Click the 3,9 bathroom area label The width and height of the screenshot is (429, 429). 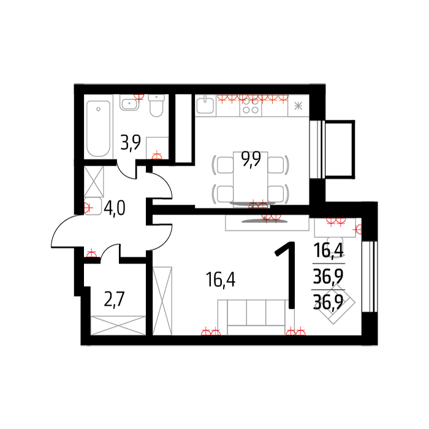click(x=131, y=143)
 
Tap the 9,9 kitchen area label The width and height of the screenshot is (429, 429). click(x=251, y=159)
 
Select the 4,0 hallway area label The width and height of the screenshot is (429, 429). click(x=115, y=208)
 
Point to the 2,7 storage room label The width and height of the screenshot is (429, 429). click(x=115, y=299)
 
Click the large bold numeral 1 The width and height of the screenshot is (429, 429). click(x=287, y=275)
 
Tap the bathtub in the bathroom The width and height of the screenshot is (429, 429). click(x=98, y=129)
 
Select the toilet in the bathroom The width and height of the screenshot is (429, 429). click(x=156, y=105)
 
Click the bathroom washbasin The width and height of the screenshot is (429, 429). click(x=129, y=102)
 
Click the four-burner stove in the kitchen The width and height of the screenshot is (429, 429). click(x=251, y=106)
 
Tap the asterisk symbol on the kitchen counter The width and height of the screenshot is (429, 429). click(x=298, y=106)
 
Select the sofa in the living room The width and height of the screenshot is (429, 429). click(x=256, y=317)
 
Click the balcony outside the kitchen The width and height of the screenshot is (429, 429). click(x=340, y=150)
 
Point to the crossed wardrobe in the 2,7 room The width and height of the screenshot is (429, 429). click(x=118, y=325)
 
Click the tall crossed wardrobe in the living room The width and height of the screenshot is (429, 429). click(x=162, y=301)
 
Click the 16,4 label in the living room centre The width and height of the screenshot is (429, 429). click(x=221, y=279)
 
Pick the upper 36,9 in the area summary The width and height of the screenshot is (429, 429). click(x=328, y=276)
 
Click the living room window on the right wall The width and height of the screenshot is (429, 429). click(x=370, y=276)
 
